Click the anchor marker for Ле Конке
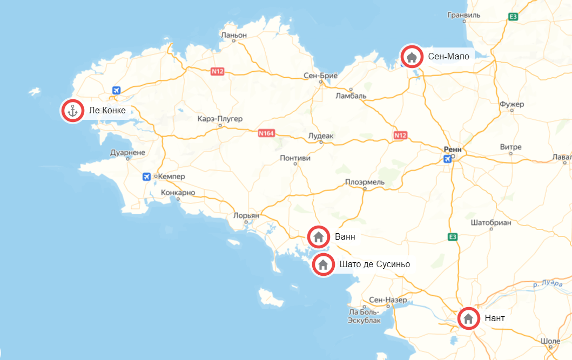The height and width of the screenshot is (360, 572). click(x=72, y=111)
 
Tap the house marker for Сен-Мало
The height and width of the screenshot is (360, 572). click(x=412, y=56)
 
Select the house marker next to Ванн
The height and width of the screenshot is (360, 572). click(x=319, y=236)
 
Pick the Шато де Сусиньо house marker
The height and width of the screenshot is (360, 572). click(x=323, y=264)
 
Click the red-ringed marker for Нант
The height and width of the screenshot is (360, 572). click(x=468, y=318)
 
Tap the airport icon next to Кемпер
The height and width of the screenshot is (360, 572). click(x=146, y=176)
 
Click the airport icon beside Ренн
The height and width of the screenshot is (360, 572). click(x=447, y=159)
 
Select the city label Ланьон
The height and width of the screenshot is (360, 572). click(x=234, y=35)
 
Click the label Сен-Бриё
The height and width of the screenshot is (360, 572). click(x=320, y=76)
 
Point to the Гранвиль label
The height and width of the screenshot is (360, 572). click(x=464, y=15)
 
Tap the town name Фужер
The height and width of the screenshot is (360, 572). click(x=512, y=104)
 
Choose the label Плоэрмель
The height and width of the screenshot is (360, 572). click(x=365, y=182)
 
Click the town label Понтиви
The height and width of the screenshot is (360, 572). click(x=296, y=158)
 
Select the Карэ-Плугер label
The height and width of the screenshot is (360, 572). click(x=220, y=118)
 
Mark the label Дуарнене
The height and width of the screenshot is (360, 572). click(x=127, y=153)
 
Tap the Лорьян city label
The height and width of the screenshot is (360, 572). click(x=246, y=215)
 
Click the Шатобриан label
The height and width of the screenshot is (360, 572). click(x=490, y=222)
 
